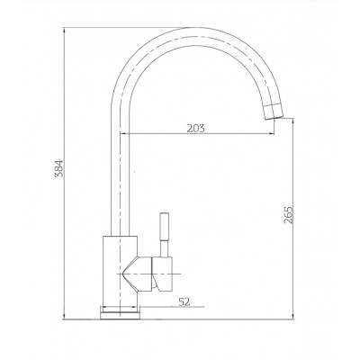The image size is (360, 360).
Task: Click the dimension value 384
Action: [x=59, y=168]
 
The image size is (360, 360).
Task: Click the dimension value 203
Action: [x=196, y=129]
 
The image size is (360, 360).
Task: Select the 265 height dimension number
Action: [x=288, y=215]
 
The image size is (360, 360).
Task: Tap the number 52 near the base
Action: [x=184, y=301]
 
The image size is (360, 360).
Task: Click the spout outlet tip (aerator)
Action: [x=274, y=112]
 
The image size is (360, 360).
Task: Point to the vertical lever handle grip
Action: [x=165, y=227]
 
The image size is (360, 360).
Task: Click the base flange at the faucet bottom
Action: [x=120, y=316]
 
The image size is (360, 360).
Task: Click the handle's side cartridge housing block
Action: [x=162, y=274]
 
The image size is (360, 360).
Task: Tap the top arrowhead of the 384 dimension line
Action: [x=64, y=30]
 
